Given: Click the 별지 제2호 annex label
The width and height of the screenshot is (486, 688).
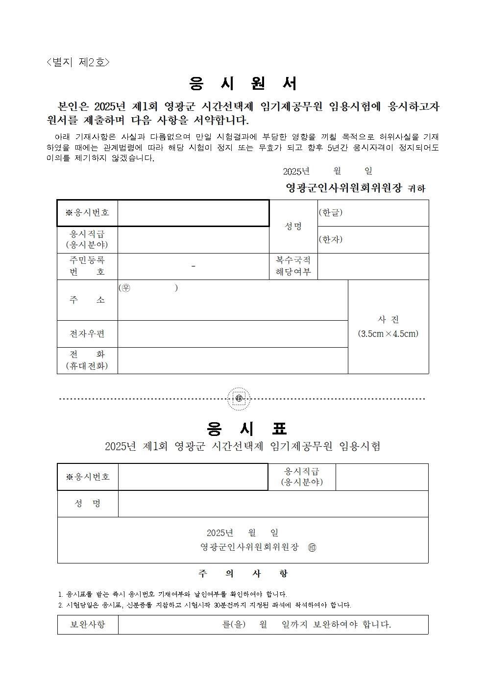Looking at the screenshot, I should [78, 62].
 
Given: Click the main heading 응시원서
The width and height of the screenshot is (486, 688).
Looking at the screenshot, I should [243, 84].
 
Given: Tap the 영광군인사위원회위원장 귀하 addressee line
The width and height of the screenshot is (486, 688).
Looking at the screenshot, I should [355, 188].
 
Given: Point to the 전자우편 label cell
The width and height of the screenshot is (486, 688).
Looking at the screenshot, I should [87, 334].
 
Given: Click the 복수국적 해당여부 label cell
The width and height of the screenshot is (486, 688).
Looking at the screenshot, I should [293, 266].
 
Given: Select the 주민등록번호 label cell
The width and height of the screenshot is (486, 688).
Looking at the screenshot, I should [87, 266].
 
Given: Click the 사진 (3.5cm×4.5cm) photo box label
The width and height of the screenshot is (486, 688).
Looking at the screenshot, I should [388, 327].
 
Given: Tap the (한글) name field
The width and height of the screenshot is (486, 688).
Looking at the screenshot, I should [373, 213].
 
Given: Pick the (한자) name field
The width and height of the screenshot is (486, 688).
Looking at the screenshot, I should [373, 240].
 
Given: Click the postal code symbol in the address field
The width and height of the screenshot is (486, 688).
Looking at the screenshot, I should [126, 288].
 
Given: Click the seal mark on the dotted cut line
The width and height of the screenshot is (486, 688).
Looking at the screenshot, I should [239, 398].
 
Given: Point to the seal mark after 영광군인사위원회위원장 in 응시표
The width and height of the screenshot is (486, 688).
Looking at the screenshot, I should [312, 547].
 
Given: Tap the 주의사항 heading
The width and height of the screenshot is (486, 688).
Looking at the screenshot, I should [243, 573].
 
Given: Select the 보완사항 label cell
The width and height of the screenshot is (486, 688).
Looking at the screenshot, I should [88, 625].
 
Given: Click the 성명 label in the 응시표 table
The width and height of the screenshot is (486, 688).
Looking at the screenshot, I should [88, 504].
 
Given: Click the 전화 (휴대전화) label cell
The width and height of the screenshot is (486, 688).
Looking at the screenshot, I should [87, 360].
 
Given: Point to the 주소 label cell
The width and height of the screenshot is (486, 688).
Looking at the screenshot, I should [87, 300].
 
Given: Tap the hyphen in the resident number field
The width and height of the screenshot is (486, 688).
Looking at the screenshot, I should [194, 266].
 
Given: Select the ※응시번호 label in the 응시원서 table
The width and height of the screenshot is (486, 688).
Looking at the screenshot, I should [87, 213].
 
